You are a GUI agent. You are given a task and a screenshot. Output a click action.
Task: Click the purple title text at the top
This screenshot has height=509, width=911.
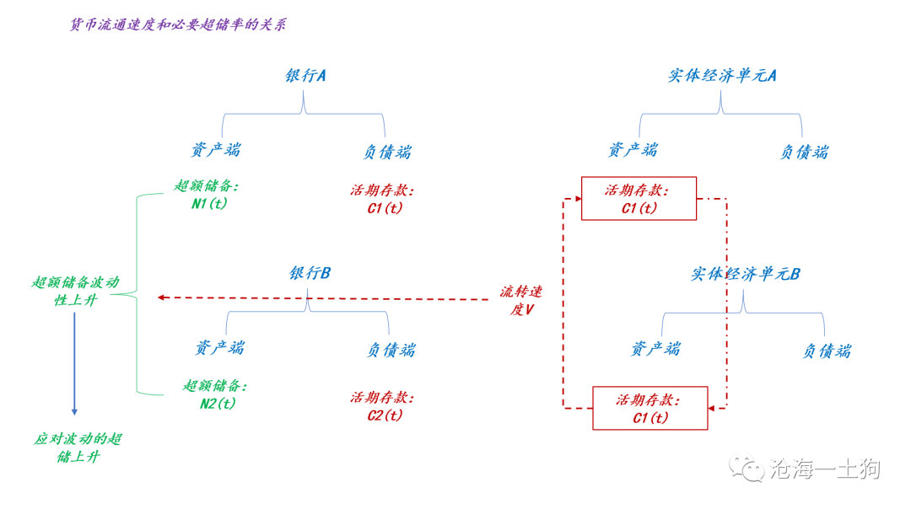click(x=178, y=24)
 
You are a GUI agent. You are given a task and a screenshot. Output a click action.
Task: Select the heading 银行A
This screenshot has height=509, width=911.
click(x=305, y=76)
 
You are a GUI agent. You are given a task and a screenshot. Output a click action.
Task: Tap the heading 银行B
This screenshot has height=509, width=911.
click(x=310, y=273)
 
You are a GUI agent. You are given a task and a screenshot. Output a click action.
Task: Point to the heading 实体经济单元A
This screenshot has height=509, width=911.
click(x=722, y=76)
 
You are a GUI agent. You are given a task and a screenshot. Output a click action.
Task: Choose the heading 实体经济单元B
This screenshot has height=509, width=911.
click(x=746, y=274)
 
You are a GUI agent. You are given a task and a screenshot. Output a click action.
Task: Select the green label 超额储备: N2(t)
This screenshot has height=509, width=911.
click(x=217, y=394)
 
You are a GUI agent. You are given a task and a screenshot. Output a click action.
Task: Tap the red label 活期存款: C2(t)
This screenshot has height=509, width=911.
click(x=383, y=406)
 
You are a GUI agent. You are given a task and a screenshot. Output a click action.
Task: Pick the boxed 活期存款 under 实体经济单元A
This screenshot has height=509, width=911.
click(x=639, y=199)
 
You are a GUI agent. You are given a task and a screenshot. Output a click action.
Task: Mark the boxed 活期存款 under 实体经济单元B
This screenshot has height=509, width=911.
click(x=650, y=408)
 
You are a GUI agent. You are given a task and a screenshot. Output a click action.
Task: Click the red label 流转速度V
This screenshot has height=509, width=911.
click(x=520, y=300)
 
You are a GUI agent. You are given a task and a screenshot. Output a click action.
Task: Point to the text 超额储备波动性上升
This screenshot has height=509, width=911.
click(x=76, y=291)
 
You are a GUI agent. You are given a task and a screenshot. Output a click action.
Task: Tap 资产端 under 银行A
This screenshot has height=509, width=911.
click(x=216, y=150)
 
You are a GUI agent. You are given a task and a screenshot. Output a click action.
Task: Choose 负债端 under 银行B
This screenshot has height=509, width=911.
click(x=391, y=350)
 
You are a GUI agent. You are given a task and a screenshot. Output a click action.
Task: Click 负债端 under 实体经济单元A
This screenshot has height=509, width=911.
click(x=804, y=152)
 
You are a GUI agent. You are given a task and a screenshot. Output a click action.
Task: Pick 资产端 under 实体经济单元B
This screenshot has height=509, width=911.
click(x=655, y=348)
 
